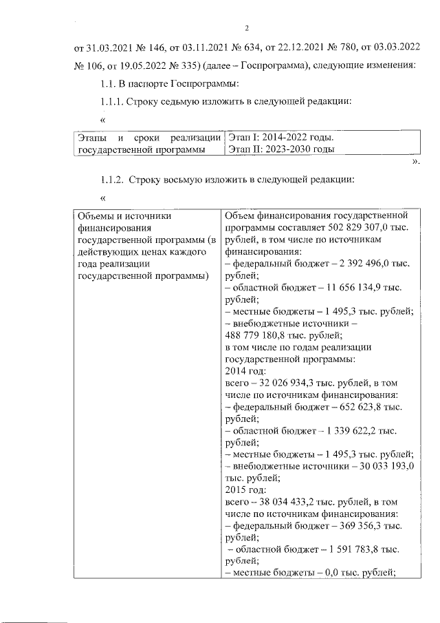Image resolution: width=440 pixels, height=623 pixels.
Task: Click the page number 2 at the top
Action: click(245, 28)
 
